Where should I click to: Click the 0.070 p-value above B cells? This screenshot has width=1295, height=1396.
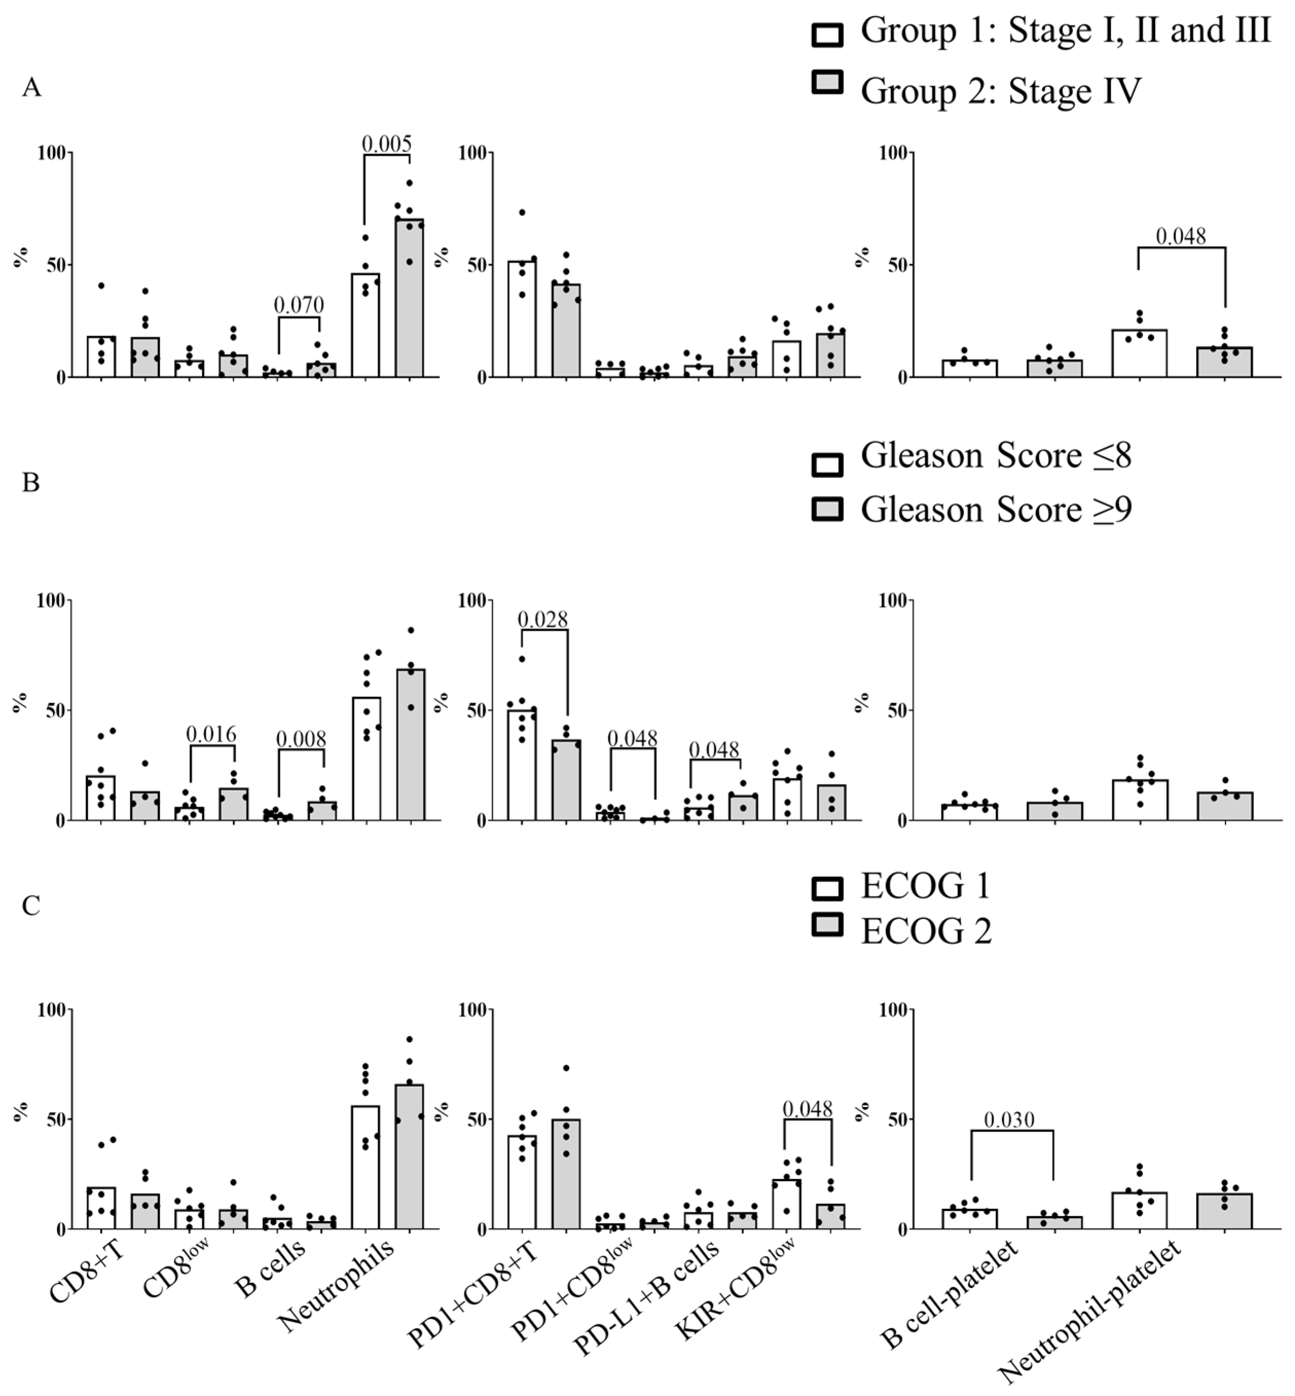pos(299,305)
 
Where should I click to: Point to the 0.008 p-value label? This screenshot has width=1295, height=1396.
pos(301,739)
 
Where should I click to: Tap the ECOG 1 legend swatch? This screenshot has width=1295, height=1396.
pos(827,888)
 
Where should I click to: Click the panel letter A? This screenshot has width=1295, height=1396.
pos(31,88)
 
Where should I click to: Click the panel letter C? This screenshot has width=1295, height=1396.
pos(31,906)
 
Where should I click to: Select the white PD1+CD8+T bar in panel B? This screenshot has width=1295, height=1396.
pos(522,767)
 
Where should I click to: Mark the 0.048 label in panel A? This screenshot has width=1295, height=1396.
pos(1181,237)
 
